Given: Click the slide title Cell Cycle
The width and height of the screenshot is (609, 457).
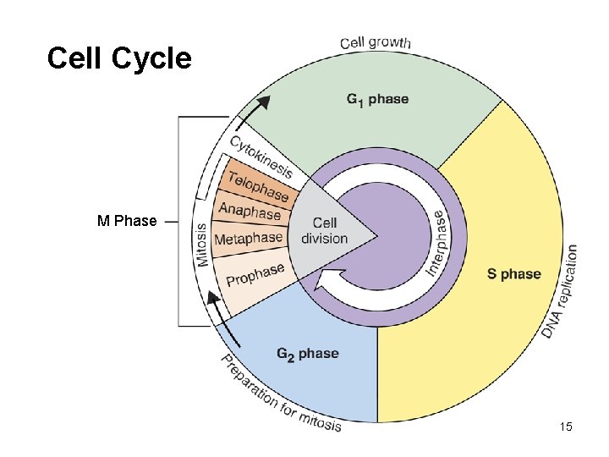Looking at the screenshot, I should [119, 59].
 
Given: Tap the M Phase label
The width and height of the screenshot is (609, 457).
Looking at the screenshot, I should [127, 222].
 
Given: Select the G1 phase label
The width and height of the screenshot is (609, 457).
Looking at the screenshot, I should [377, 99].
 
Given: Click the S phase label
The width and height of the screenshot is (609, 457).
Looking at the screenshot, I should [513, 274].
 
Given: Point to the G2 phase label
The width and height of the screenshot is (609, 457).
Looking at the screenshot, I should [308, 354].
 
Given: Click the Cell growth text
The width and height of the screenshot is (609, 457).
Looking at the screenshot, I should [376, 41].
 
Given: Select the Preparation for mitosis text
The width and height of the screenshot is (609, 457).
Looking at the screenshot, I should [279, 398].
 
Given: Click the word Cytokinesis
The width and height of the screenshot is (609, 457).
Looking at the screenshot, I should [261, 158].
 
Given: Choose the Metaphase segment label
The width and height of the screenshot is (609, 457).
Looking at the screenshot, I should [248, 240].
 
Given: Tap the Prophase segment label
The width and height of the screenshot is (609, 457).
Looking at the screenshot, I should [255, 274].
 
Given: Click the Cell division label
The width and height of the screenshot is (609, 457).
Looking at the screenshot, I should [324, 230].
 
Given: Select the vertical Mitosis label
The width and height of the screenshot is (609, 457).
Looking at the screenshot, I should [203, 245].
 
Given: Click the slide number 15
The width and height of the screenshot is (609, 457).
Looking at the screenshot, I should [566, 427].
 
